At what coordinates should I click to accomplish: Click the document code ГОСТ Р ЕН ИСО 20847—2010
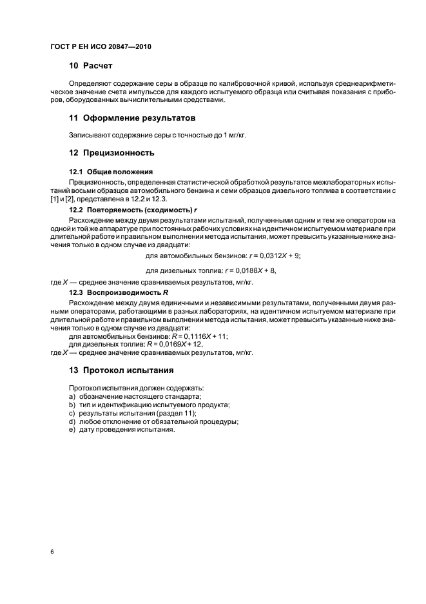tap(101, 48)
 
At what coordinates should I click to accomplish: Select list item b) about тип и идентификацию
tap(149, 405)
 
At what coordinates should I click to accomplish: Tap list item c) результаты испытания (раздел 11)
tap(132, 413)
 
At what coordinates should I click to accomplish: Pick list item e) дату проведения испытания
tap(122, 430)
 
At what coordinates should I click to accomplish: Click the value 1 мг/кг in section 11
tap(233, 136)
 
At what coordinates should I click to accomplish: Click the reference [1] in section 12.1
tap(53, 200)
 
